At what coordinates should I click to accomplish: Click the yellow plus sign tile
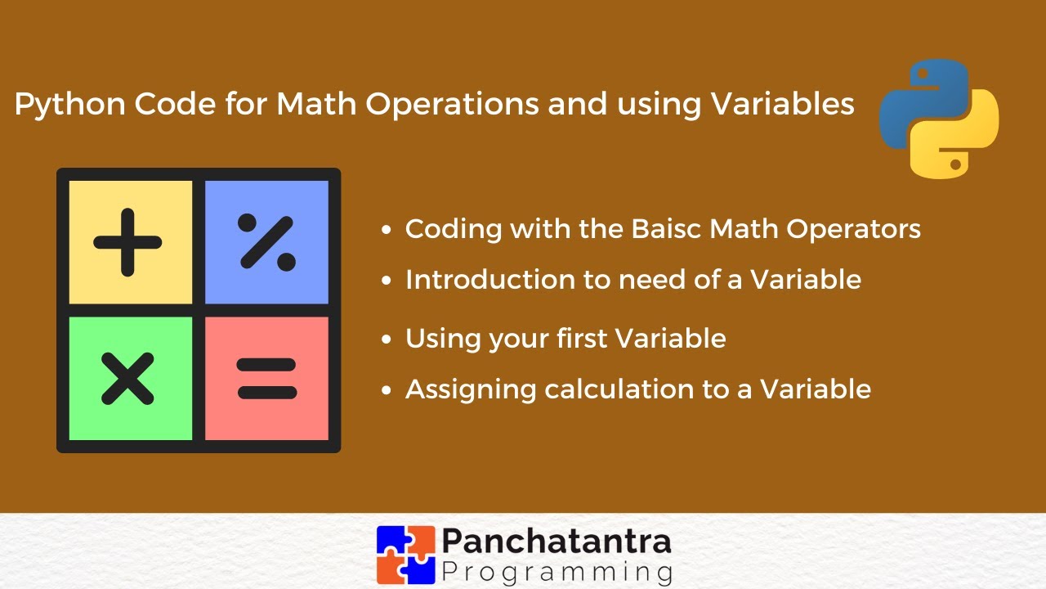tap(130, 242)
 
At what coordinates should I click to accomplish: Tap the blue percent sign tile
tap(266, 242)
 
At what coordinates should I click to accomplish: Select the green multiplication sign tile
tap(130, 379)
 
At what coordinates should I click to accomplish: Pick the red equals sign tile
tap(266, 379)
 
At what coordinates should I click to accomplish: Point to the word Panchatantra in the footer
tap(557, 541)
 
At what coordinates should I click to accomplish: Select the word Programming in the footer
tap(557, 570)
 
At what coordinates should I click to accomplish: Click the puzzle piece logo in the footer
tap(405, 555)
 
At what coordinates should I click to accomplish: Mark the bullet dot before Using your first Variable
tap(388, 339)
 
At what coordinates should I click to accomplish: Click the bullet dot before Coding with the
tap(388, 231)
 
